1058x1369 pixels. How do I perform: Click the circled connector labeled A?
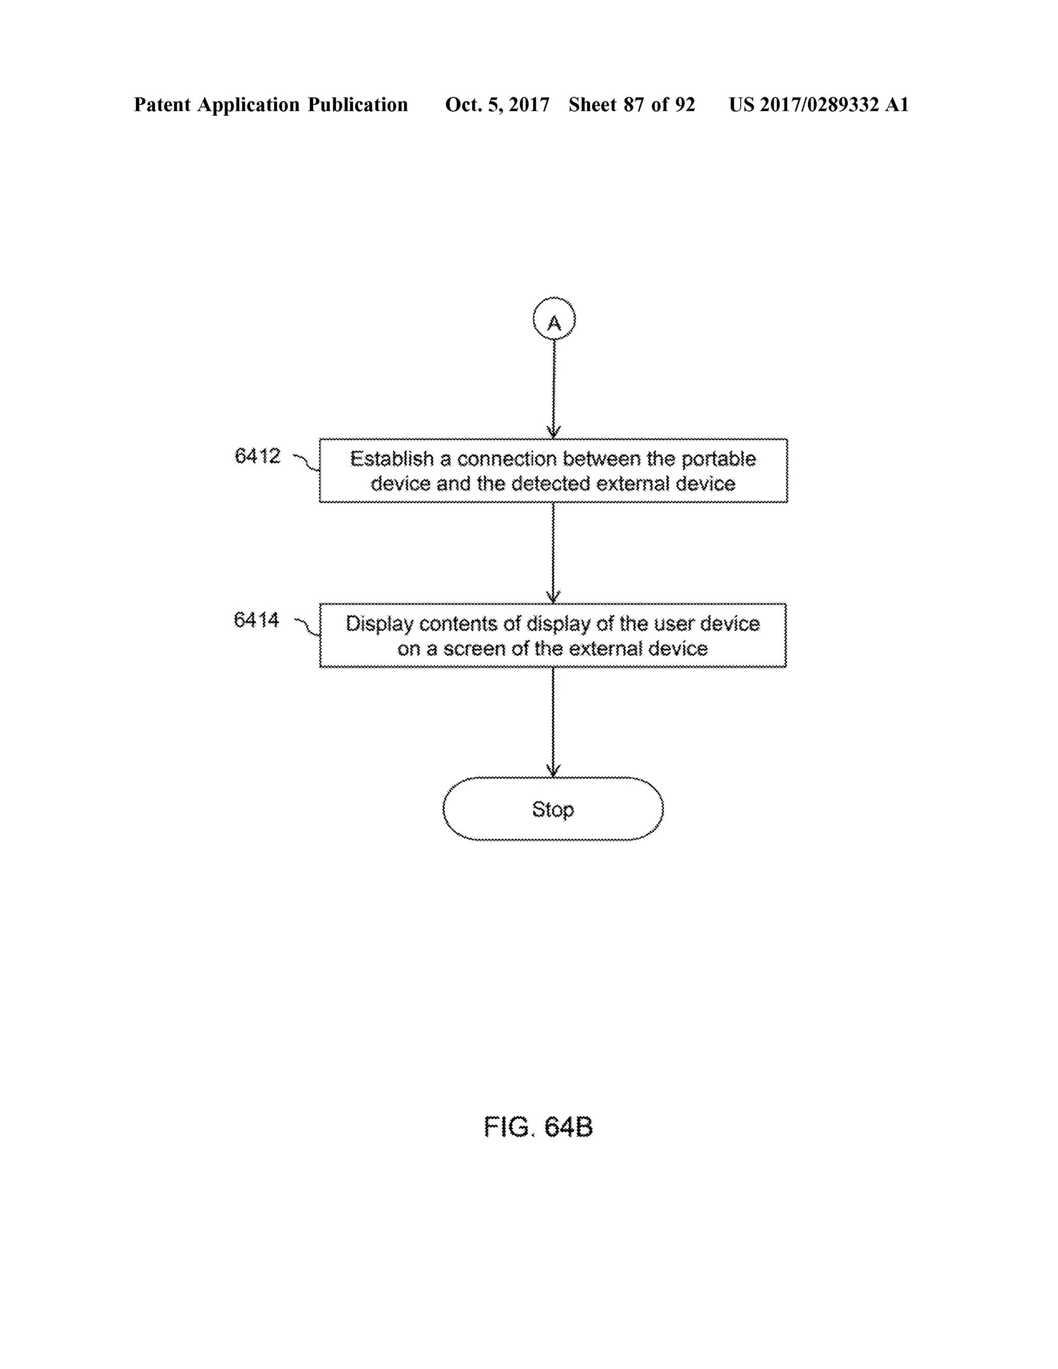[554, 319]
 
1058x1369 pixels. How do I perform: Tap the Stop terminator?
[553, 808]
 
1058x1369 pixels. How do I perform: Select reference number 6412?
[257, 456]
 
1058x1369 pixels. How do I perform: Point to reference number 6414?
[256, 620]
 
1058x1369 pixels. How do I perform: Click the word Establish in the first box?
[392, 459]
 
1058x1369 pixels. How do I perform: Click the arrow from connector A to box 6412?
[553, 388]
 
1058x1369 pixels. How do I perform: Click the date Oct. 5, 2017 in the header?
[497, 105]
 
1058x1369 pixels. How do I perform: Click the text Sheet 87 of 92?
[632, 105]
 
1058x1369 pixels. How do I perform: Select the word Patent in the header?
[162, 105]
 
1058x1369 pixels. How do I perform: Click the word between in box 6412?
[602, 459]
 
